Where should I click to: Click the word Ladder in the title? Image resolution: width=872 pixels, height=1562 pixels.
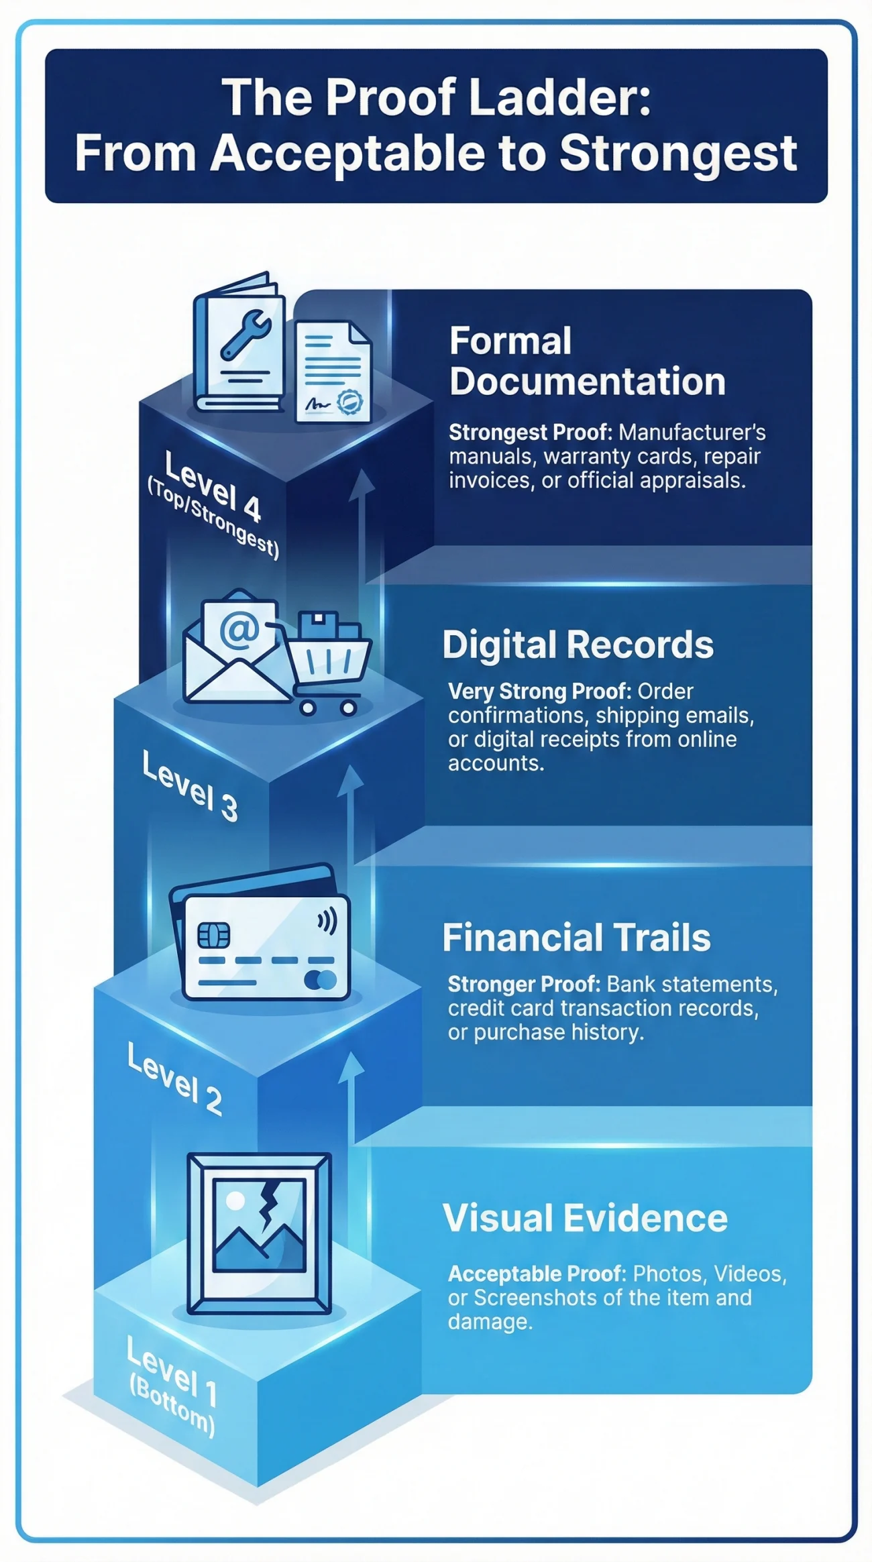(559, 98)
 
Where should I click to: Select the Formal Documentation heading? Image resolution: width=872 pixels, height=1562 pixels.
(587, 361)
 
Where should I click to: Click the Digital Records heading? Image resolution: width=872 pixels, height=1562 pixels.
(578, 645)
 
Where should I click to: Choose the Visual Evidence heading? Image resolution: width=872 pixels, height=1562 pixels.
(585, 1217)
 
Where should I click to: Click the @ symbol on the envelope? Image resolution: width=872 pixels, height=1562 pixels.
(239, 630)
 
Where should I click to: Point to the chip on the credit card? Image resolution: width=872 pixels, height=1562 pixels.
(213, 935)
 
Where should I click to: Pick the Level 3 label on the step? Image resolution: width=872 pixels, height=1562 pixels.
(190, 785)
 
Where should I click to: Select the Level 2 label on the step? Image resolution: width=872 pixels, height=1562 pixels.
(174, 1079)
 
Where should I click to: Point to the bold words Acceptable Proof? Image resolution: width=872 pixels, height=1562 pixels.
(537, 1273)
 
